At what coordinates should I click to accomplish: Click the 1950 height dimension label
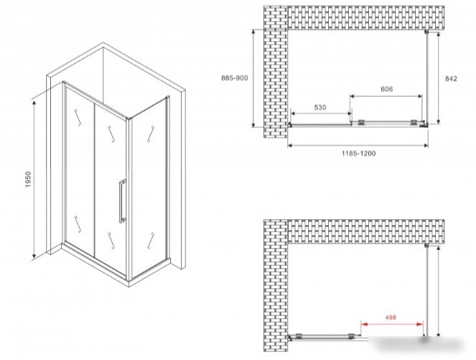click(x=28, y=179)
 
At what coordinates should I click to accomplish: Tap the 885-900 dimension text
click(x=234, y=78)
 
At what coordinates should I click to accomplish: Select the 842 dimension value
click(x=451, y=79)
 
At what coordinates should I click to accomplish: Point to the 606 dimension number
click(x=386, y=89)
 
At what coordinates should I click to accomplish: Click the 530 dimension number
click(x=320, y=107)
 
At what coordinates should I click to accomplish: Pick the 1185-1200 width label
click(x=359, y=154)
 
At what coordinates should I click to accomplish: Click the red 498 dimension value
click(x=391, y=317)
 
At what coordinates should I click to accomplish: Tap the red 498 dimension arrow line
click(x=392, y=324)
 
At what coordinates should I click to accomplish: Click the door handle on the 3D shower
click(x=122, y=201)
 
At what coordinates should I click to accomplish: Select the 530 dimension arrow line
click(x=321, y=114)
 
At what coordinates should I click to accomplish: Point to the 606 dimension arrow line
click(x=386, y=96)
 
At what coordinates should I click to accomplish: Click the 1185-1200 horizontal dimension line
click(x=358, y=146)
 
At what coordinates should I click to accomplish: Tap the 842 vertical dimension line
click(x=439, y=78)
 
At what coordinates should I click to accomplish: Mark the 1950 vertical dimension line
click(x=34, y=179)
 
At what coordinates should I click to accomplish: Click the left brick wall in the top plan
click(x=276, y=72)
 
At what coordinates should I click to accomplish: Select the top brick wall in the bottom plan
click(x=366, y=231)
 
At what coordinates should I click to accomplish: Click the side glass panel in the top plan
click(x=427, y=78)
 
